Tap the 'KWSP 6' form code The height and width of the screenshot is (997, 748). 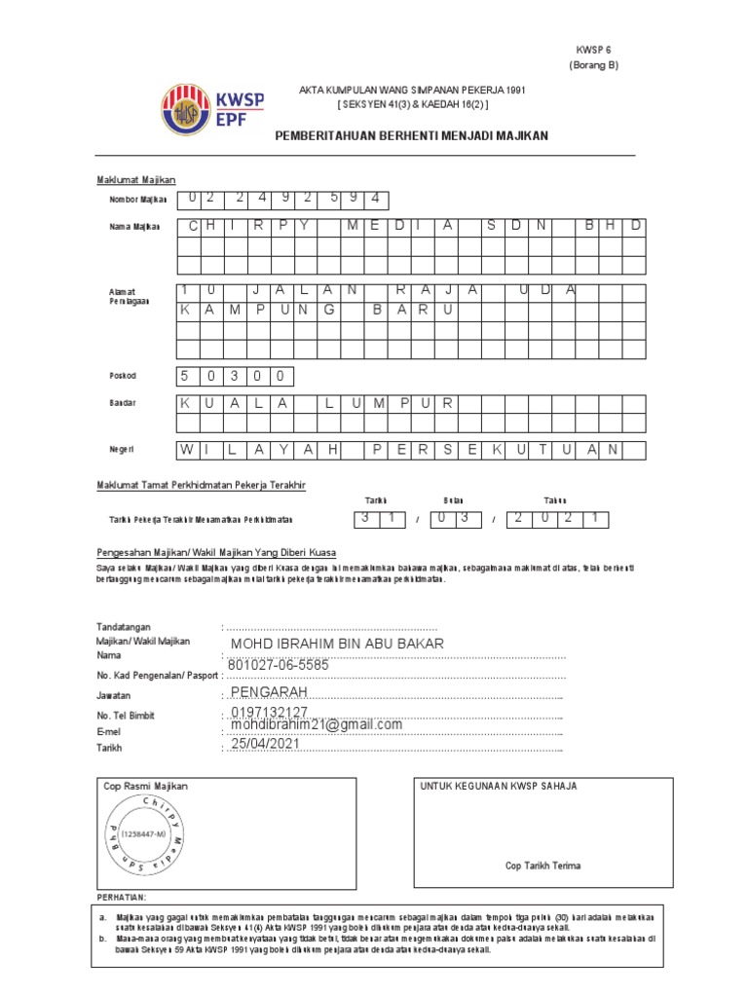[x=593, y=49]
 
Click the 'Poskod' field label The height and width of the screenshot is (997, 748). [x=123, y=376]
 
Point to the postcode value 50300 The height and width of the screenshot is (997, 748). [x=233, y=376]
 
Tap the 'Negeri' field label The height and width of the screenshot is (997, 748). [x=122, y=449]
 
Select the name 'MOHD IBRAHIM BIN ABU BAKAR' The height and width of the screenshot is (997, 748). [x=336, y=645]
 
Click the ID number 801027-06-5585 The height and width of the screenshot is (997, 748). [x=279, y=665]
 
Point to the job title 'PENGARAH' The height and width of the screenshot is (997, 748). [x=269, y=691]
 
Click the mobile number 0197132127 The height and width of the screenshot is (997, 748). [x=270, y=714]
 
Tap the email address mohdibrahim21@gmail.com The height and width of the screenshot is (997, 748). [x=316, y=725]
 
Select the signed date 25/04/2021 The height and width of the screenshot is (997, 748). [x=266, y=744]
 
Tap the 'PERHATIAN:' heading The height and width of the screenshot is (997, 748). [x=124, y=896]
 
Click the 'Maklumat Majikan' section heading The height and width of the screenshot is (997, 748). [x=135, y=180]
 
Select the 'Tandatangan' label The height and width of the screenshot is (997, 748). [x=124, y=626]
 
